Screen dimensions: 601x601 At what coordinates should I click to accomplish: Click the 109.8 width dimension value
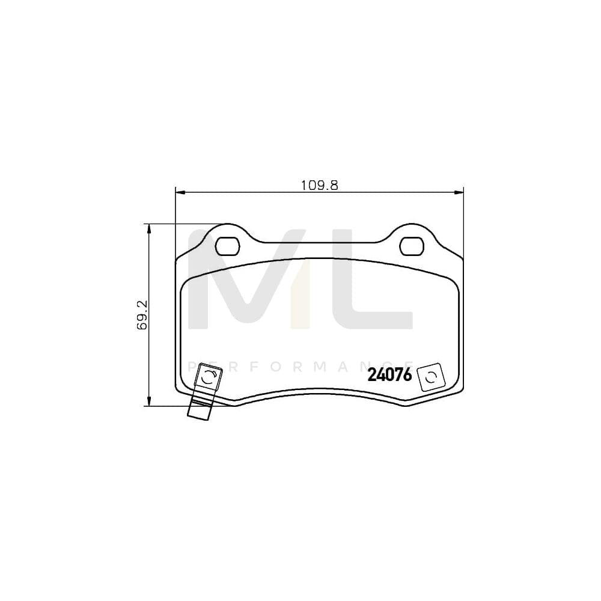(x=320, y=186)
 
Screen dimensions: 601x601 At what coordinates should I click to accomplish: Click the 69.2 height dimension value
(x=142, y=315)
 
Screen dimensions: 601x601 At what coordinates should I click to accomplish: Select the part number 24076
(x=389, y=376)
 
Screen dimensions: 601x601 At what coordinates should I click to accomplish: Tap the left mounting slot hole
(x=227, y=245)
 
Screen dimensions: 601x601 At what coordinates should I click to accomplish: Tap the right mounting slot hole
(x=412, y=245)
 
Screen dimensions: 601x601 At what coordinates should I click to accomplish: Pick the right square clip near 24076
(x=430, y=377)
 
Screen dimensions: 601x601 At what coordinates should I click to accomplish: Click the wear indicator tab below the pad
(x=200, y=409)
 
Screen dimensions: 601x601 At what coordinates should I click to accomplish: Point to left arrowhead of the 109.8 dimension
(x=178, y=192)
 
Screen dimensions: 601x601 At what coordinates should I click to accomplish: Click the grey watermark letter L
(x=373, y=282)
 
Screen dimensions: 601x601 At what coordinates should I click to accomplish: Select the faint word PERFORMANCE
(x=300, y=366)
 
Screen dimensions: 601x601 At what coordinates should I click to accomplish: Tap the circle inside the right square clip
(x=430, y=377)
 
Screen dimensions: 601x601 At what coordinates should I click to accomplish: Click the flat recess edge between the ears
(x=320, y=243)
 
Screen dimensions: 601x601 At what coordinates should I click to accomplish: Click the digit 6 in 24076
(x=407, y=376)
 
